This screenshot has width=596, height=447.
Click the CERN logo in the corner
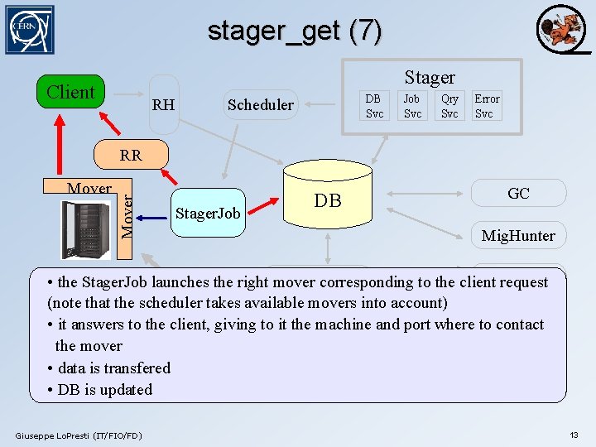click(29, 30)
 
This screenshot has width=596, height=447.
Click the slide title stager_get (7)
click(295, 31)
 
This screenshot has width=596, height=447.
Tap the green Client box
click(70, 92)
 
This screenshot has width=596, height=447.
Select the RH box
click(164, 104)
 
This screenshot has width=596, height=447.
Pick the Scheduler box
click(260, 104)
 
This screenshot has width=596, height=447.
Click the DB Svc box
click(375, 106)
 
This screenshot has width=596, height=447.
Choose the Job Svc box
click(412, 106)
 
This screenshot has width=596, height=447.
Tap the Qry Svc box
click(449, 106)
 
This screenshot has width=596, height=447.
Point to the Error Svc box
click(487, 106)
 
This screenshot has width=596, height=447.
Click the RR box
click(131, 155)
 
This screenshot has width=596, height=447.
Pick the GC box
click(519, 193)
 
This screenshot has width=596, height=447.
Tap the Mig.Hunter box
click(519, 235)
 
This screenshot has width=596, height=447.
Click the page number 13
click(574, 435)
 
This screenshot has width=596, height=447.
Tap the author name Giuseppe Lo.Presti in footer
click(79, 435)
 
